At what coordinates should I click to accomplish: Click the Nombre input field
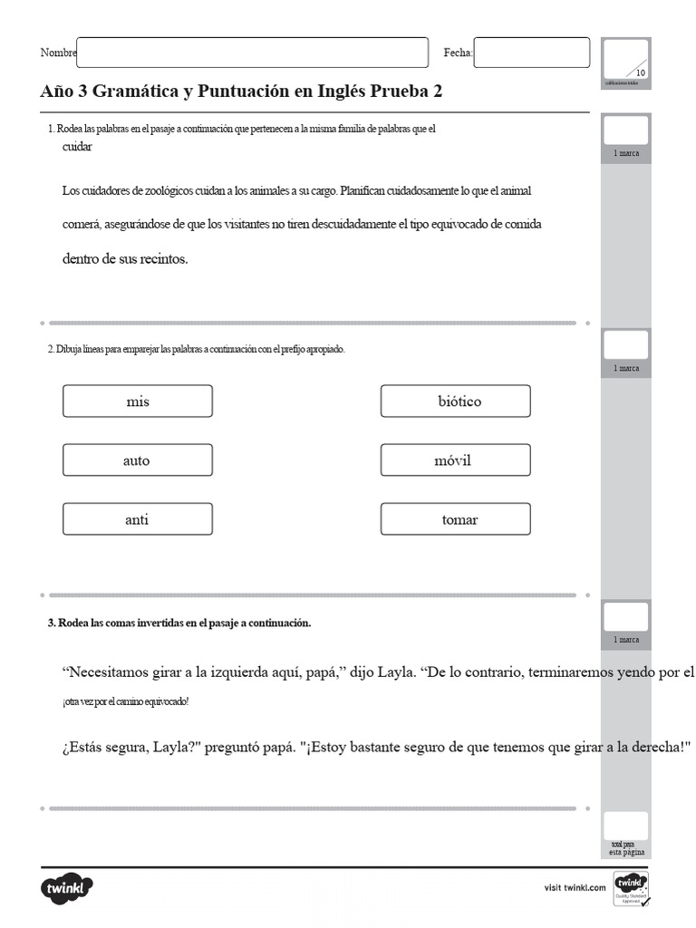[252, 53]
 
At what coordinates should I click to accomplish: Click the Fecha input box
[531, 53]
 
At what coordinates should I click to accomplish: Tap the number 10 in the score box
[640, 72]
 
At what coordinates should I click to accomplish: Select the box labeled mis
[138, 401]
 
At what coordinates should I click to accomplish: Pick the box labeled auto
[138, 460]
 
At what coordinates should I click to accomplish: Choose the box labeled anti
[138, 519]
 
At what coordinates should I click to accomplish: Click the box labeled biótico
[455, 401]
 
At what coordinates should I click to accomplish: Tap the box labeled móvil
[455, 460]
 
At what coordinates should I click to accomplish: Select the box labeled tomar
[455, 519]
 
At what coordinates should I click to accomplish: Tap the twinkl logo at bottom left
[66, 887]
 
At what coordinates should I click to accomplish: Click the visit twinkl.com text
[575, 888]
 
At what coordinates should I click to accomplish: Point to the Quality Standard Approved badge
[631, 888]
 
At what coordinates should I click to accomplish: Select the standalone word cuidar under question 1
[76, 147]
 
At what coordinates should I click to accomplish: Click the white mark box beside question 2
[625, 344]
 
